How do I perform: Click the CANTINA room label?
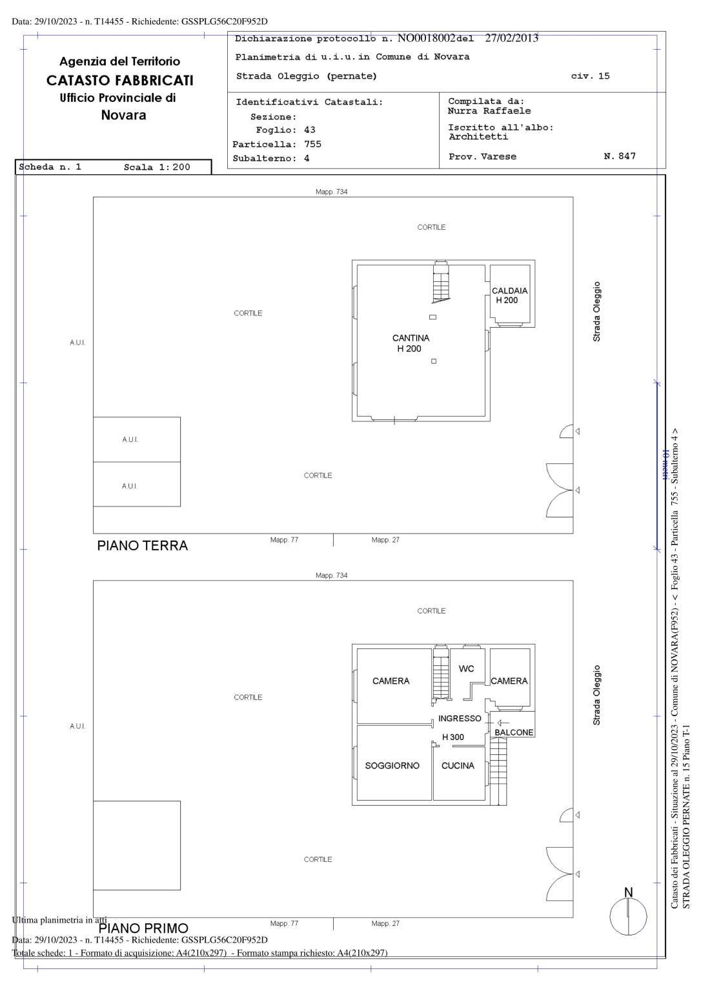pos(411,338)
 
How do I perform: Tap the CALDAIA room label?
pos(509,291)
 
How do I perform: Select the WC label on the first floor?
pos(466,668)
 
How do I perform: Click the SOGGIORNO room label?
pos(392,766)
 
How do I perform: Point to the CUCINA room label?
pos(458,766)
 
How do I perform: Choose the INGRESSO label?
pos(460,718)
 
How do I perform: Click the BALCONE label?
pos(514,732)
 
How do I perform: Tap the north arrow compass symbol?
pos(628,916)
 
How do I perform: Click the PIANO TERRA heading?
pos(143,546)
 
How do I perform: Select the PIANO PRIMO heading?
pos(143,928)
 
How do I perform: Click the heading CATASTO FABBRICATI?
pos(120,81)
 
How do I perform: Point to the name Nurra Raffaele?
pos(489,111)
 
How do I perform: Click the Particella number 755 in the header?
pos(312,145)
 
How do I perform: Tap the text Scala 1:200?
pos(157,167)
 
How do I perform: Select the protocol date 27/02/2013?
pos(511,38)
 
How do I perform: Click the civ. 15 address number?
pos(590,76)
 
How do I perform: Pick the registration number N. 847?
pos(620,156)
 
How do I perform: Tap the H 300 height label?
pos(452,737)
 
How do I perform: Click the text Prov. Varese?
pos(482,157)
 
